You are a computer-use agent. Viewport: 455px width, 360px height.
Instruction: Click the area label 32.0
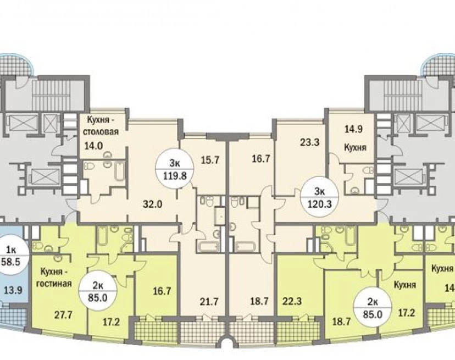click(x=152, y=204)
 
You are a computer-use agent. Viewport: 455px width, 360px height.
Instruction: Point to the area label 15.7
click(x=210, y=160)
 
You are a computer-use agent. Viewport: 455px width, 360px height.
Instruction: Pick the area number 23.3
click(x=309, y=142)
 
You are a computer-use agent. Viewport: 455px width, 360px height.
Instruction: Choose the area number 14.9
click(x=353, y=129)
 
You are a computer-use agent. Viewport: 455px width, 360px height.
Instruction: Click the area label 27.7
click(x=63, y=314)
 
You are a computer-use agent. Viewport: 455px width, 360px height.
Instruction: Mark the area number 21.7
click(x=209, y=302)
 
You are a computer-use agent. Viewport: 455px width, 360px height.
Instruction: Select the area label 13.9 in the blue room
click(x=13, y=290)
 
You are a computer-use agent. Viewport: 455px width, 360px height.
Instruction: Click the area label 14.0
click(x=93, y=146)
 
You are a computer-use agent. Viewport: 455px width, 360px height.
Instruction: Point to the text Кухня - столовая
click(x=101, y=125)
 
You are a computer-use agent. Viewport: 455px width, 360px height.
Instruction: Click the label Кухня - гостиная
click(x=54, y=278)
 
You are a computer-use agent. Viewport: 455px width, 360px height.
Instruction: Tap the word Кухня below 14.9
click(x=355, y=147)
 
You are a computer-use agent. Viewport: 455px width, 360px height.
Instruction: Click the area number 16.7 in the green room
click(x=162, y=291)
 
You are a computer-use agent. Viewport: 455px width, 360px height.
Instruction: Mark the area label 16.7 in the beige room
click(x=261, y=159)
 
